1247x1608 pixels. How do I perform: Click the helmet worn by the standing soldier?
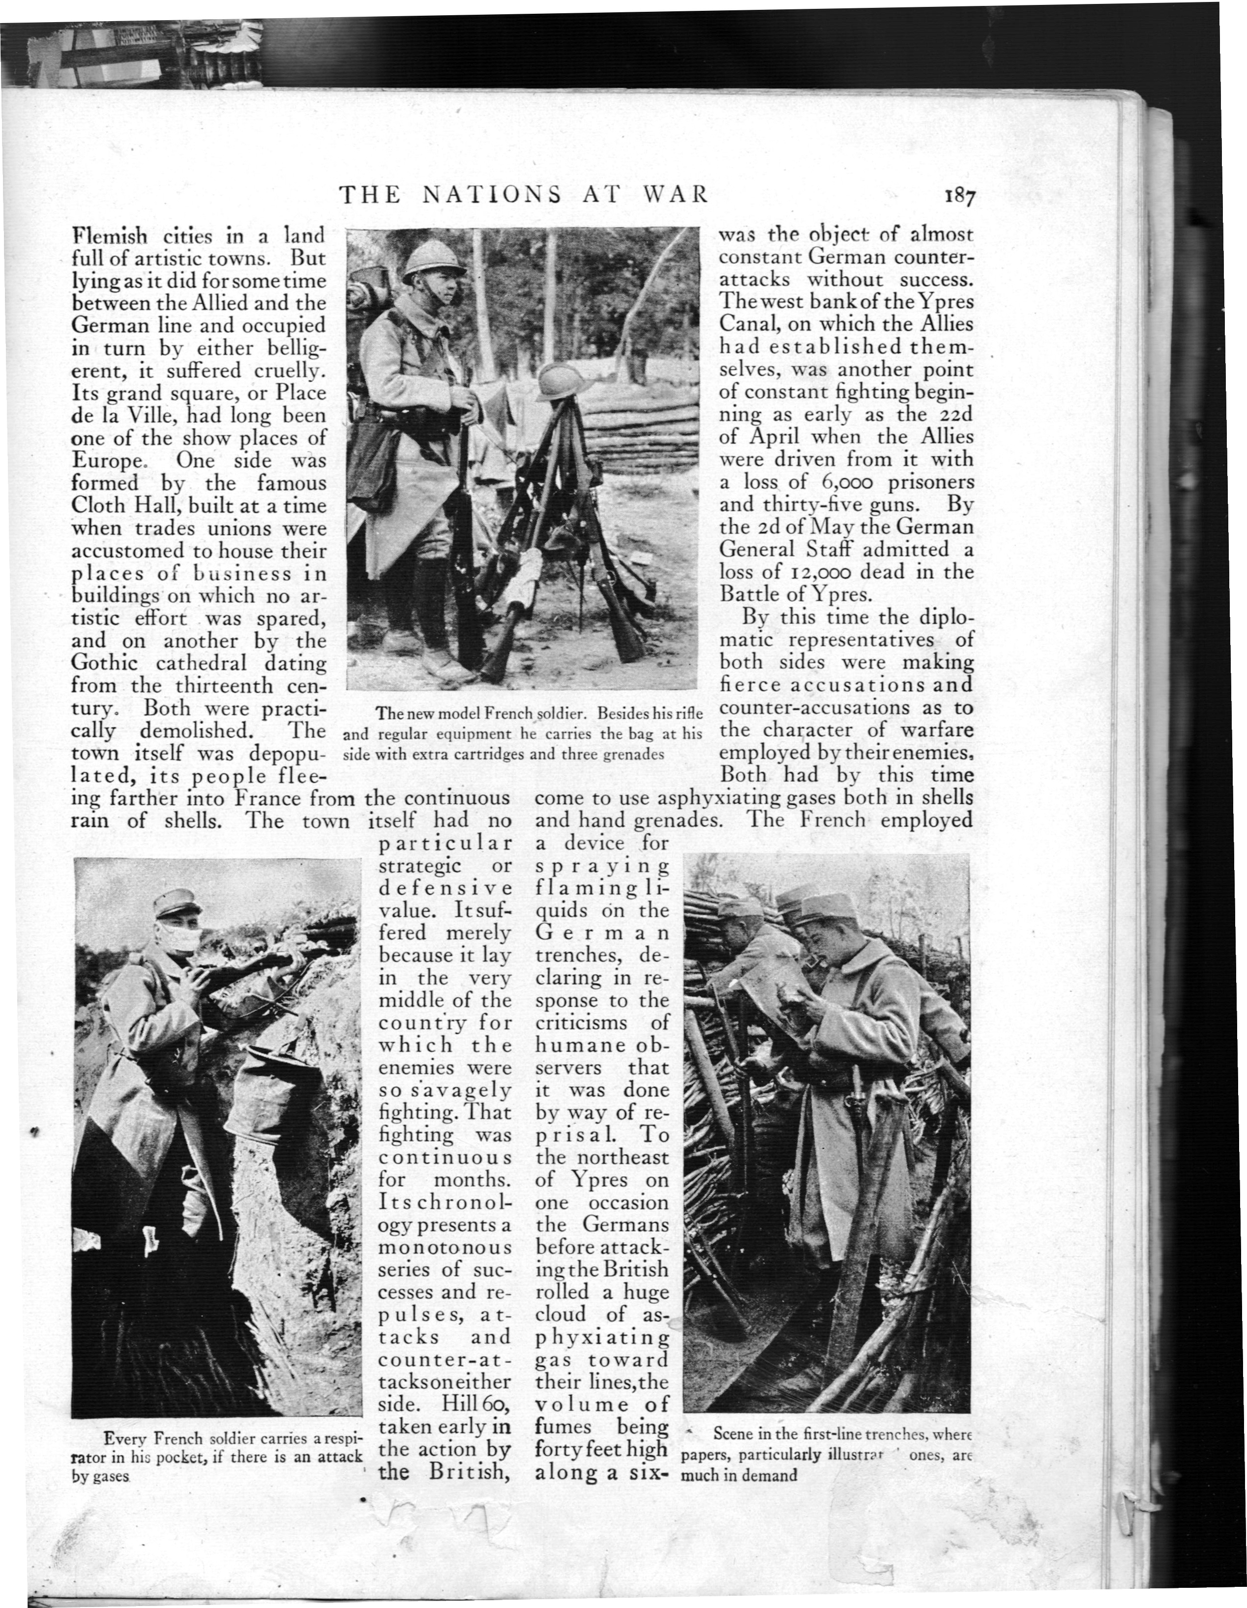(434, 262)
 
